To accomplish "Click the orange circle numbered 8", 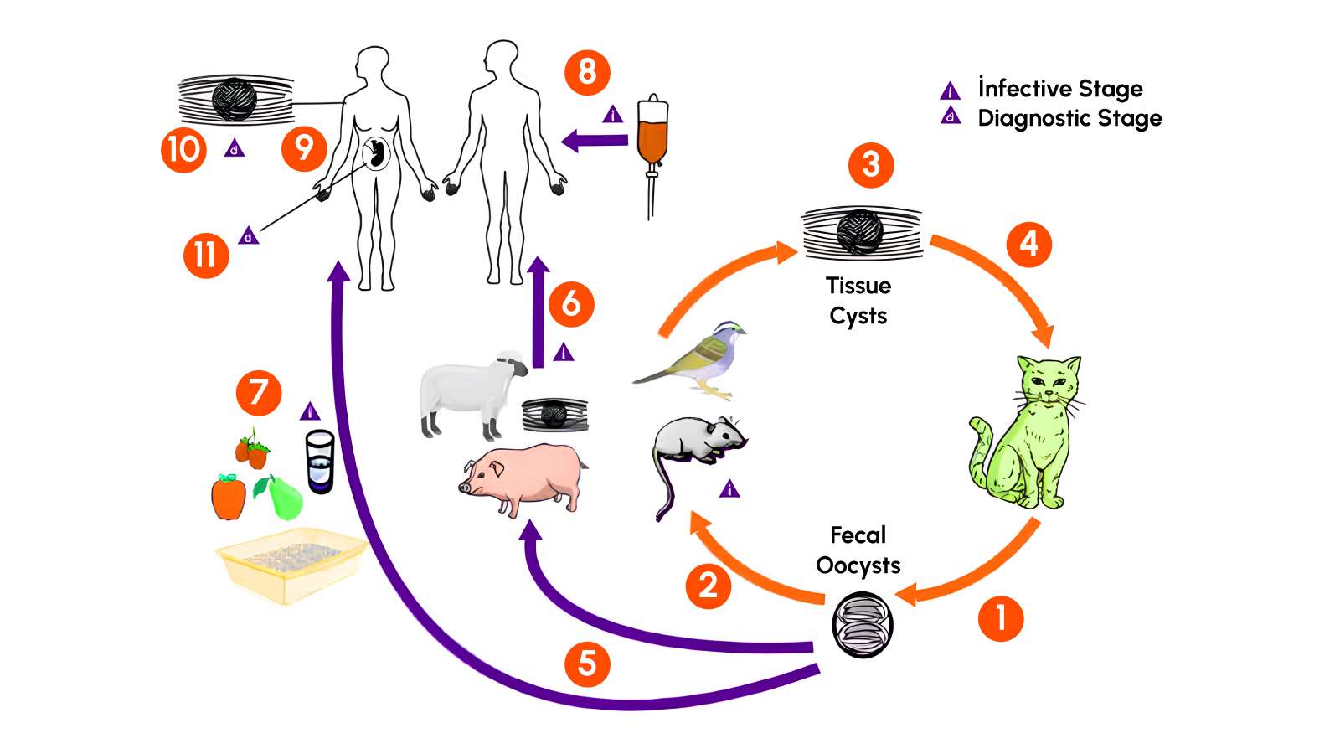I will pyautogui.click(x=587, y=72).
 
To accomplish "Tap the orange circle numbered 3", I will pyautogui.click(x=871, y=165).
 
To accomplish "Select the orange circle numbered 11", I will pyautogui.click(x=206, y=255).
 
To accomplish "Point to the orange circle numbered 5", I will pyautogui.click(x=587, y=664).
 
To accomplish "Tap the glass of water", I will pyautogui.click(x=320, y=461).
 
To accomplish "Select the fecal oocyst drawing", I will pyautogui.click(x=863, y=625).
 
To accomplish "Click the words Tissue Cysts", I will pyautogui.click(x=858, y=301).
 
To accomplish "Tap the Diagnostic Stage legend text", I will pyautogui.click(x=1069, y=118).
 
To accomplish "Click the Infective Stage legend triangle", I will pyautogui.click(x=950, y=90).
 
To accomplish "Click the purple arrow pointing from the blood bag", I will pyautogui.click(x=595, y=140).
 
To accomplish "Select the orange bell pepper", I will pyautogui.click(x=228, y=498).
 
